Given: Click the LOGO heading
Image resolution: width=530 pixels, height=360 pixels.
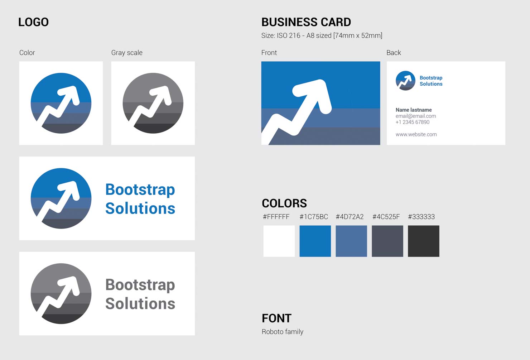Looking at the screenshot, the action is click(33, 22).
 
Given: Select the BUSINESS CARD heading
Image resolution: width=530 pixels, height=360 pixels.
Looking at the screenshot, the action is click(306, 22).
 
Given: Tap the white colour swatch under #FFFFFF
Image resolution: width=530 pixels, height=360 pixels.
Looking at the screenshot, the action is click(279, 241).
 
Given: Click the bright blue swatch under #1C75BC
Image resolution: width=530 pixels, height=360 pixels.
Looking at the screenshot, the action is click(315, 241).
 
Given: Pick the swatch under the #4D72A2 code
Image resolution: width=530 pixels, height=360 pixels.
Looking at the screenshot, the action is click(351, 241).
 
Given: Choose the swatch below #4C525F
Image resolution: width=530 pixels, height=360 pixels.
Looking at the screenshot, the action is click(387, 241).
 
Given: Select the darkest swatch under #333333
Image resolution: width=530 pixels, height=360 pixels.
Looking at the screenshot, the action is click(424, 241).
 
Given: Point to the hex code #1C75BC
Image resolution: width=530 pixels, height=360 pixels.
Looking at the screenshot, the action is click(314, 217).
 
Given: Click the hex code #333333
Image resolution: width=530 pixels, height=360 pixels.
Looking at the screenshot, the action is click(421, 217).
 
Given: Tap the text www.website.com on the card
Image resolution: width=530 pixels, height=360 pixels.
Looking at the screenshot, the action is click(416, 134).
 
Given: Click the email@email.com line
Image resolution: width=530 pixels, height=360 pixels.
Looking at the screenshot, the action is click(416, 116).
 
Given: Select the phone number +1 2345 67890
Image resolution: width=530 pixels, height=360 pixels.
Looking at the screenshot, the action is click(413, 122).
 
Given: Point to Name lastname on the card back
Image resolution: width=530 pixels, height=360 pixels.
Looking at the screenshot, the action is click(414, 110).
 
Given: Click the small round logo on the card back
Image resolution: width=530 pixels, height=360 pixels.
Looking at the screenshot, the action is click(405, 81).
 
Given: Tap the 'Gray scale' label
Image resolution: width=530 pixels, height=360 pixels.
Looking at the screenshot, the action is click(127, 53).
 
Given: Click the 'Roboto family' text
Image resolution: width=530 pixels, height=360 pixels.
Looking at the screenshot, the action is click(282, 332).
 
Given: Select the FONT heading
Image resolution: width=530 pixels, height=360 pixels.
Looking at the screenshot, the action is click(276, 318).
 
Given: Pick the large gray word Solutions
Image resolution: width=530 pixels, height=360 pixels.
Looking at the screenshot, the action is click(140, 303).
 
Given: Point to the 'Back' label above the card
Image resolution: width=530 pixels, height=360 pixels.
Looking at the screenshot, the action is click(394, 53).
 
